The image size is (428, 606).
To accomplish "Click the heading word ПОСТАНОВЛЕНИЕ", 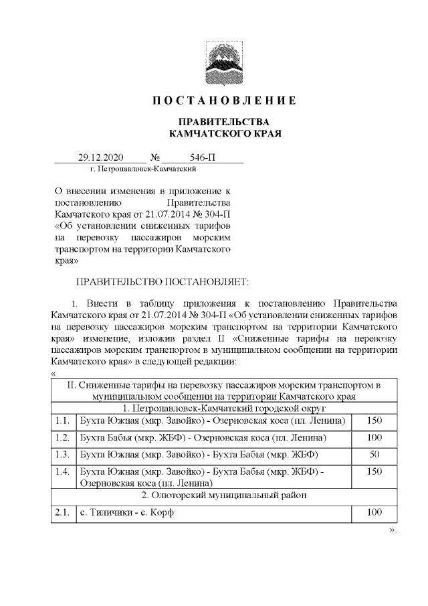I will [224, 101].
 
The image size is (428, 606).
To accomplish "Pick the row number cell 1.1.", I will [63, 421].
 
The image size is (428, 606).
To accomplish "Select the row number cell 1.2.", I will [63, 438].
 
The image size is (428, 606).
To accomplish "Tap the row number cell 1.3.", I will [63, 455].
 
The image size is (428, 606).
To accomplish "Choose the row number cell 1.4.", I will [63, 472].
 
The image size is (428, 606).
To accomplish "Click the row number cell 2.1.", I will [63, 513].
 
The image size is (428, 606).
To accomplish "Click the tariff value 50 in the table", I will [374, 455].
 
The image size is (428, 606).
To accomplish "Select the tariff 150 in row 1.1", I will [374, 421].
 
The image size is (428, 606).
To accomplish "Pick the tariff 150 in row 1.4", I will [374, 472].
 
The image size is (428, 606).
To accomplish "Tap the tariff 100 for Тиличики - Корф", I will [374, 513].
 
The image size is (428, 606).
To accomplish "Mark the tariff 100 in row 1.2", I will [374, 438].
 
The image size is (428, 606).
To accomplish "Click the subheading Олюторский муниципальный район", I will [224, 496].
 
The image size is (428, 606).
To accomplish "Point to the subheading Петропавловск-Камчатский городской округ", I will [224, 407].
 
